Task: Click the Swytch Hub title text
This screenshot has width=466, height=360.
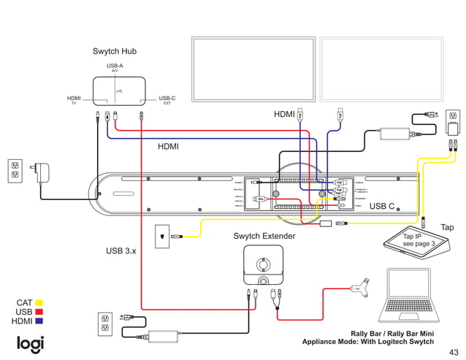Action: [114, 51]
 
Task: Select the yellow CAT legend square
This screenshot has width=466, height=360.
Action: [39, 302]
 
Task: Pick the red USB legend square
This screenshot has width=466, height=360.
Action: [39, 312]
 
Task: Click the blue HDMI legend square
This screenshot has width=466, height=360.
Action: [39, 321]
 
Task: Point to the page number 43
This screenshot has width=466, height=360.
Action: [454, 351]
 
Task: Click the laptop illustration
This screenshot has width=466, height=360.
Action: [411, 295]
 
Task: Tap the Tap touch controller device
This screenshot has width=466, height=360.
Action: [419, 241]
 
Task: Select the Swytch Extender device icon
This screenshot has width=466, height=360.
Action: [263, 267]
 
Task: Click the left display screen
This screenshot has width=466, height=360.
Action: [253, 66]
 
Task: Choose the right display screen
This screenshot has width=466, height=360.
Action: [382, 66]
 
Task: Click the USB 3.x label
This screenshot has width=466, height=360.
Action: [121, 251]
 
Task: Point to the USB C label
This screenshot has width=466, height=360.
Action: [382, 207]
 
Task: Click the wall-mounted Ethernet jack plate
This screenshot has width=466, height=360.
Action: [162, 236]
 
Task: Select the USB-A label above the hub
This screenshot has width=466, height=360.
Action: [115, 66]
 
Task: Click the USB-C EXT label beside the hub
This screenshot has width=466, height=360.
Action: [167, 99]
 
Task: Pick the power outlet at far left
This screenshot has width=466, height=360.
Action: [15, 170]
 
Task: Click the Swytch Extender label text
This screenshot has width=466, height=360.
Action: [264, 237]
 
